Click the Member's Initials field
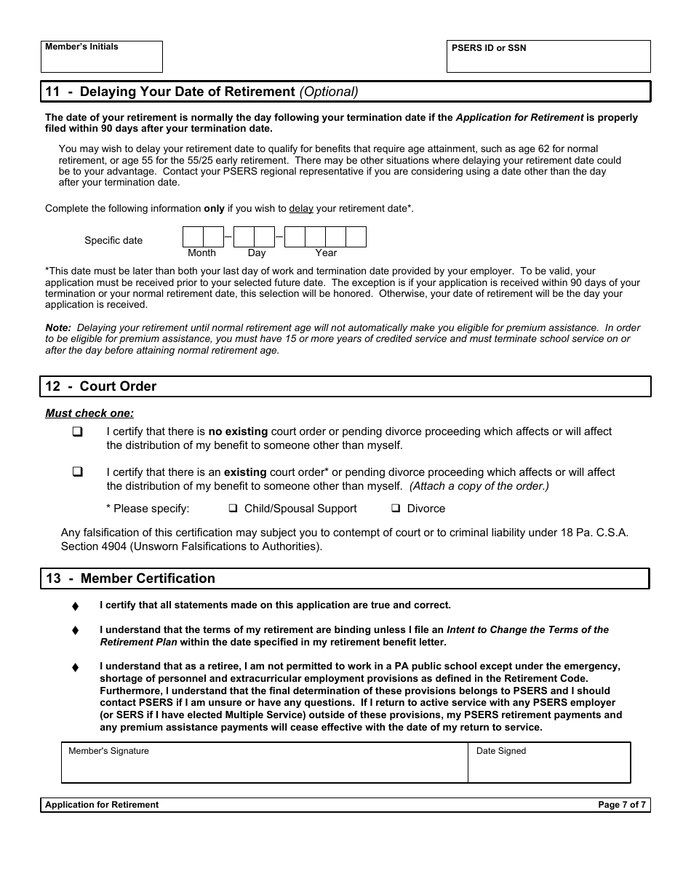(x=102, y=60)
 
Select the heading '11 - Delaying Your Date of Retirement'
(x=201, y=92)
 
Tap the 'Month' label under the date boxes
(x=201, y=253)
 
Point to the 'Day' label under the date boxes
(x=257, y=253)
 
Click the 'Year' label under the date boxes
(x=326, y=253)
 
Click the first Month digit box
(x=193, y=237)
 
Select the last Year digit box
(x=356, y=237)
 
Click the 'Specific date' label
(x=113, y=241)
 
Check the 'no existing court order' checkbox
(x=77, y=431)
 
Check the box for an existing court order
(x=77, y=472)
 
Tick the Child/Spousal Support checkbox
(x=233, y=509)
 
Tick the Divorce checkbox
(x=396, y=509)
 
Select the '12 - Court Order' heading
(x=101, y=386)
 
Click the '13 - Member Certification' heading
(x=130, y=578)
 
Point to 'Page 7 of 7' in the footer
(x=621, y=805)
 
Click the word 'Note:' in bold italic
(x=58, y=328)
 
